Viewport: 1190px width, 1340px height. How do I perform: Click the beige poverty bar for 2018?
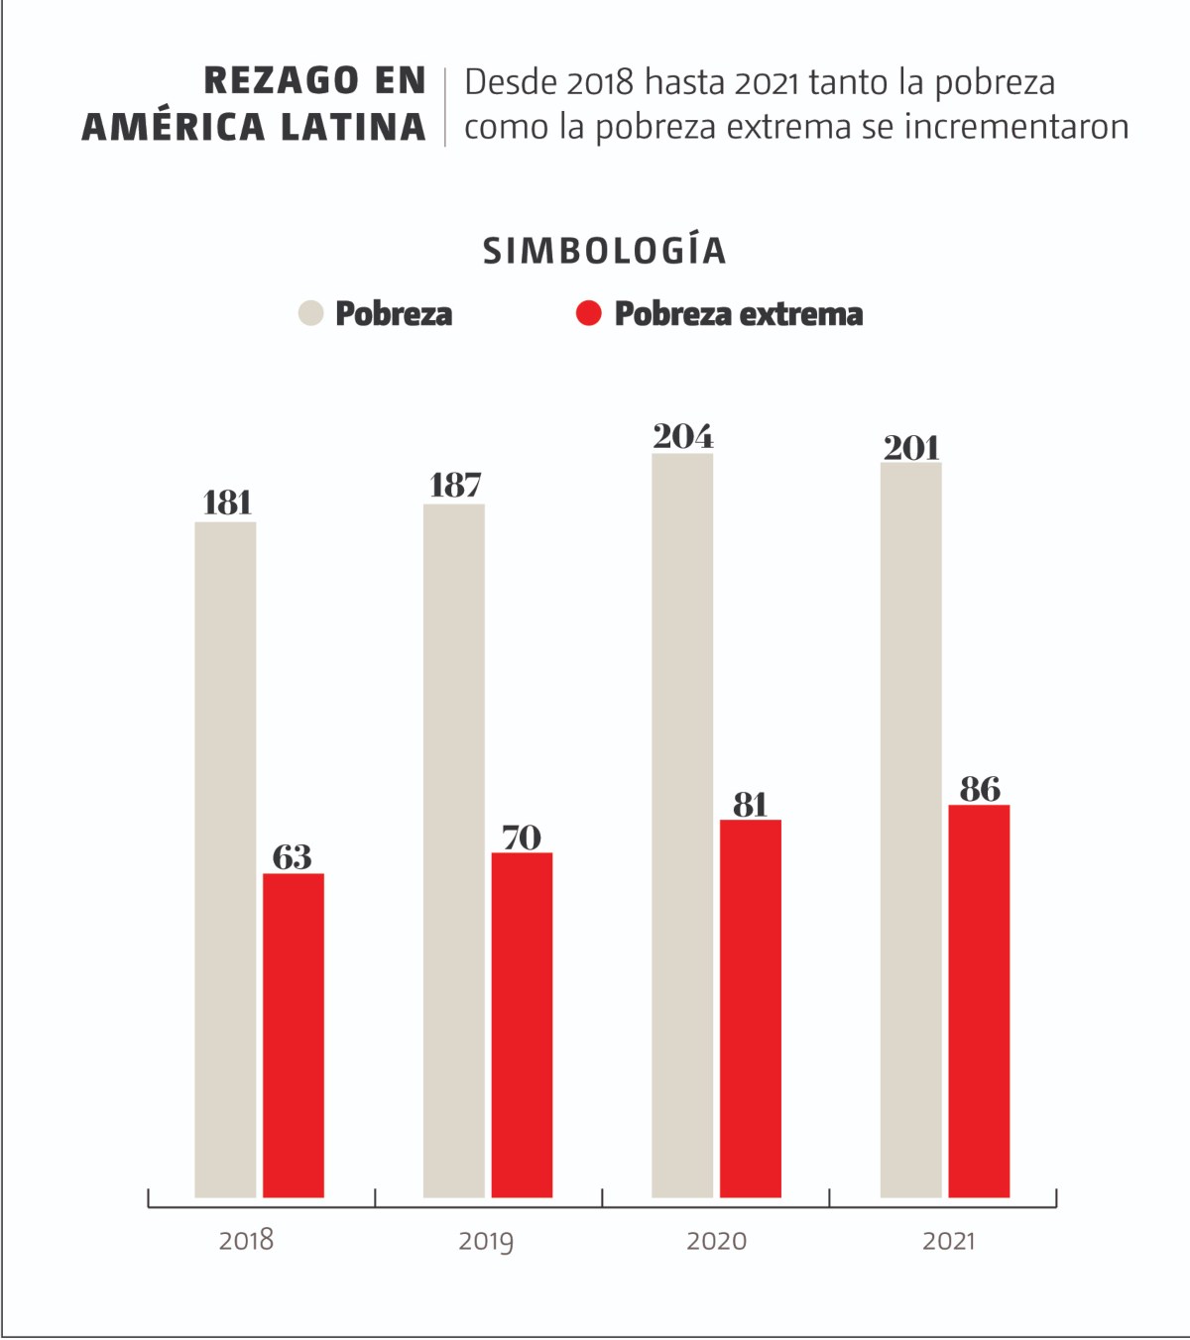click(225, 859)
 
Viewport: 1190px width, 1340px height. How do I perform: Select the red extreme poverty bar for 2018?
click(294, 1035)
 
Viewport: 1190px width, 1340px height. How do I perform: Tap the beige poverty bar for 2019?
click(454, 850)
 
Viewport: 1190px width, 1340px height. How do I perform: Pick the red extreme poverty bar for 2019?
click(522, 1025)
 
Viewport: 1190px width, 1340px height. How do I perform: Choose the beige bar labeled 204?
click(682, 825)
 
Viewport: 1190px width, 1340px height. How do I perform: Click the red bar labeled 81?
click(751, 1008)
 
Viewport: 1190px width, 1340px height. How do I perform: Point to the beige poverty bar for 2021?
click(910, 830)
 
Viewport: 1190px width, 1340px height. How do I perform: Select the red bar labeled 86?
click(979, 1001)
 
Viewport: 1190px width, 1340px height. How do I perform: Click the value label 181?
click(227, 502)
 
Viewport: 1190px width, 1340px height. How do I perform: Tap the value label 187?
click(455, 485)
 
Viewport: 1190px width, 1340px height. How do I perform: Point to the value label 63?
click(293, 856)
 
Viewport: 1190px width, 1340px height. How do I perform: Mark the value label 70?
click(522, 837)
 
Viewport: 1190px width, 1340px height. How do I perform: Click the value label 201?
click(911, 448)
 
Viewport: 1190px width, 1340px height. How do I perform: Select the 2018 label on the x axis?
click(246, 1240)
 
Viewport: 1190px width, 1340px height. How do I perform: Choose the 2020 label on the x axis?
click(716, 1241)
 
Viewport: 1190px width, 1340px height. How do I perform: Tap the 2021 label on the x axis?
click(949, 1241)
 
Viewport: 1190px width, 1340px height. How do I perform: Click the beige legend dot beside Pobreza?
click(311, 313)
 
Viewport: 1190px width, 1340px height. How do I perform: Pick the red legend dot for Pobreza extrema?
click(589, 313)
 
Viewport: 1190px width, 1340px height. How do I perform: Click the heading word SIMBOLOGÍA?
click(605, 251)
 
